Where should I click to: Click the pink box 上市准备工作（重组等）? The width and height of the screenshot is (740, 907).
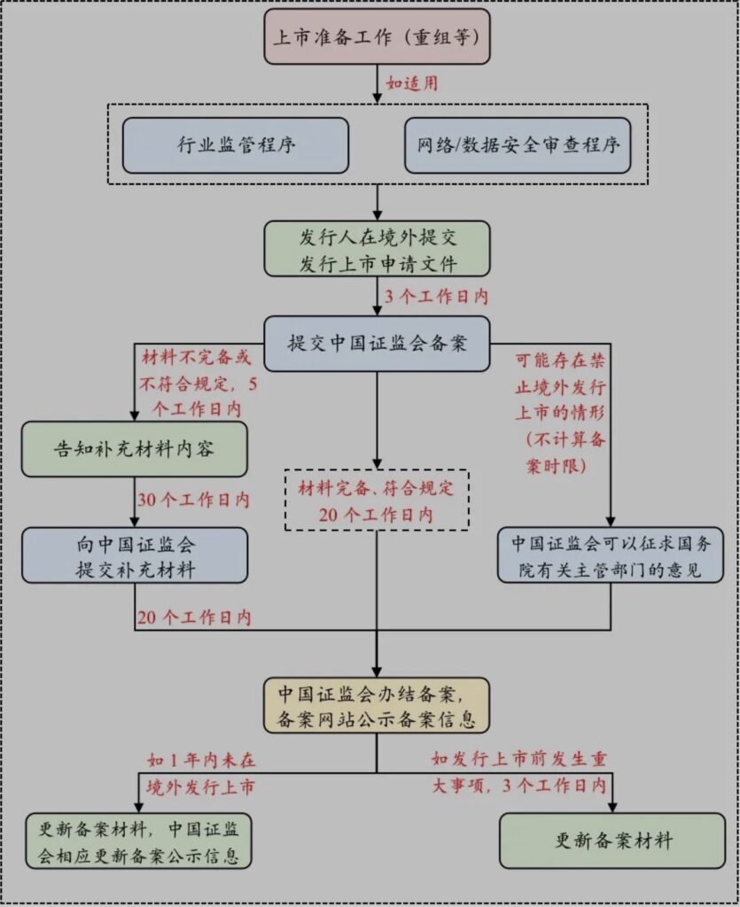coord(377,36)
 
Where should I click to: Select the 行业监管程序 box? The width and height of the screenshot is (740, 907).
coord(236,145)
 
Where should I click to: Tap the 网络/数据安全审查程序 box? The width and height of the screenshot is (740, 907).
coord(518,145)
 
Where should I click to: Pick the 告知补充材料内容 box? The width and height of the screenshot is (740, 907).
coord(135,449)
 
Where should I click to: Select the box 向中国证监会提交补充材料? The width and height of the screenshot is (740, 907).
coord(135,555)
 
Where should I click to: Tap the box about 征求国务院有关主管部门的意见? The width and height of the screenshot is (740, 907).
coord(611,555)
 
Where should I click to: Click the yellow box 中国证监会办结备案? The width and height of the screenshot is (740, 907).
coord(377,706)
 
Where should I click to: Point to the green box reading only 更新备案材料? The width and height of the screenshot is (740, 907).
coord(611,840)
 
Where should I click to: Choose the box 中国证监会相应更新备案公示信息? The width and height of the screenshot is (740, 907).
coord(135,840)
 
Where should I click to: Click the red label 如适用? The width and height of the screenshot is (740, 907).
coord(411,84)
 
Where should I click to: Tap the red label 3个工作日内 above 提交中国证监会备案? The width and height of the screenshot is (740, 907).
coord(435,295)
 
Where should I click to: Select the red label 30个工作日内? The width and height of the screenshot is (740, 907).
coord(193,500)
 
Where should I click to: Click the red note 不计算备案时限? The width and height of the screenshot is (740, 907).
coord(560,453)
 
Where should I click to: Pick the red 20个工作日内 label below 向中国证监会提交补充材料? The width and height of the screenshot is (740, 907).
coord(193,616)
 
